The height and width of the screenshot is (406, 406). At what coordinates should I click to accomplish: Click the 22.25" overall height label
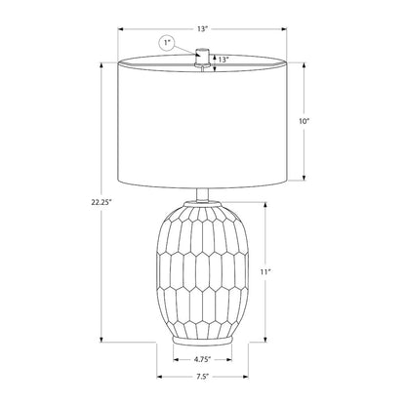pyautogui.click(x=101, y=202)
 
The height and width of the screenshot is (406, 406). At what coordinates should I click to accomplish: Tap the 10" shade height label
pyautogui.click(x=304, y=121)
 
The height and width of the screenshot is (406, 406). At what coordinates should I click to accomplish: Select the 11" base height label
pyautogui.click(x=265, y=272)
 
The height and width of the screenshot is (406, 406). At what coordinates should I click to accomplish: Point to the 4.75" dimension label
pyautogui.click(x=202, y=359)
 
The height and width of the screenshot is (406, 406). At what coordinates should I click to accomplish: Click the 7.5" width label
pyautogui.click(x=202, y=377)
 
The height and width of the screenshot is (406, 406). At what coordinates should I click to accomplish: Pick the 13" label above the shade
pyautogui.click(x=202, y=29)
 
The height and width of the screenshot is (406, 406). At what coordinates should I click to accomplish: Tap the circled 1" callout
pyautogui.click(x=167, y=43)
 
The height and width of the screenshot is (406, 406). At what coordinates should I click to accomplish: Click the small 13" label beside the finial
pyautogui.click(x=223, y=60)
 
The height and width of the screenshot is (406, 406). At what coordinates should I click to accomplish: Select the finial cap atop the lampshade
pyautogui.click(x=202, y=57)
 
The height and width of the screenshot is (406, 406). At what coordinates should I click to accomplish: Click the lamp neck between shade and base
pyautogui.click(x=202, y=195)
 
